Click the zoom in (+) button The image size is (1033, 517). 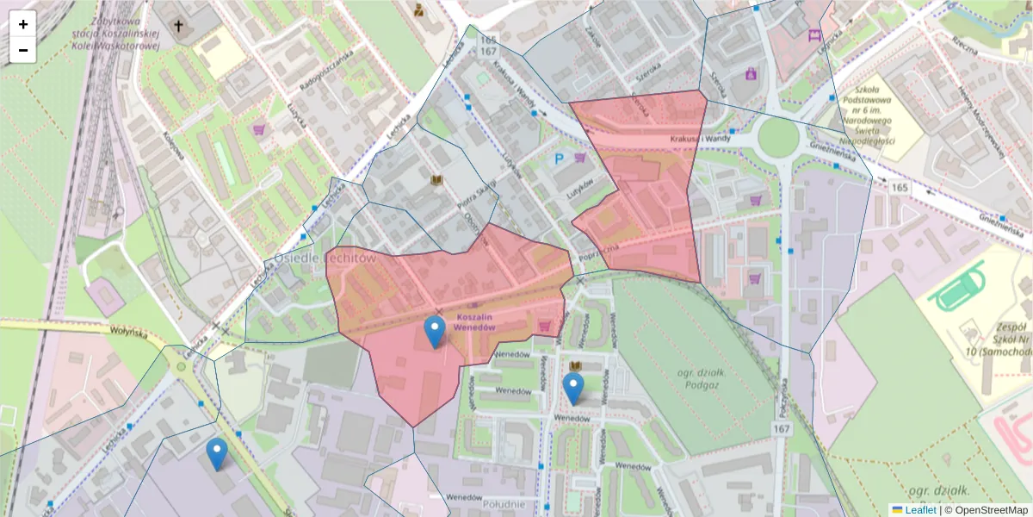point(23,24)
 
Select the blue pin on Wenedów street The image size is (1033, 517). point(573,388)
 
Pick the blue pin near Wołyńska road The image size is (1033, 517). point(217,453)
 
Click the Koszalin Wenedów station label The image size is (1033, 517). point(476,321)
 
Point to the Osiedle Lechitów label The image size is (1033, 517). point(325,258)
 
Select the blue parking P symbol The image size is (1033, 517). point(559,159)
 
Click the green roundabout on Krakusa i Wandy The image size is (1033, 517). point(778,137)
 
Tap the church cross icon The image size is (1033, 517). point(180,27)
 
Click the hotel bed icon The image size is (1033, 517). point(814,36)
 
